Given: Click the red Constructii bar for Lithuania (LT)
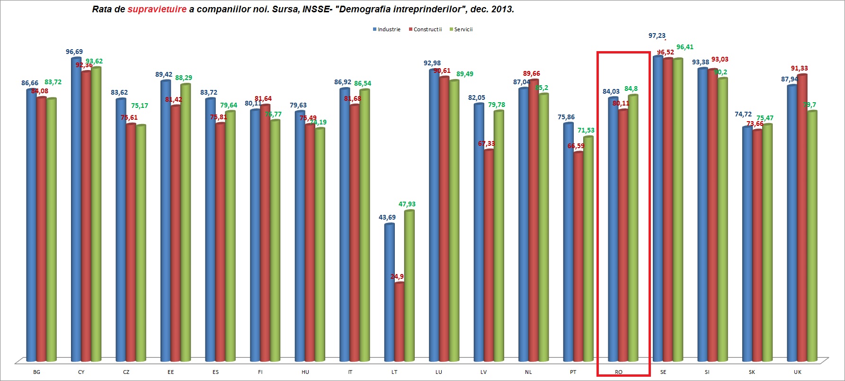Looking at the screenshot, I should pos(400,322).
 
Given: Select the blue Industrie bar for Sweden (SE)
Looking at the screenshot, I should pos(658,208).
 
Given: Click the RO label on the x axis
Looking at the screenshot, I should pos(619,372).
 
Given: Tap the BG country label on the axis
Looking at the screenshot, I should pos(36,372).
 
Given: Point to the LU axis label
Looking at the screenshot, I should pos(439,372).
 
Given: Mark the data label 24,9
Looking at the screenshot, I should pos(397,276).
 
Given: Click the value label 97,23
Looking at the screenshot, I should pos(657,35).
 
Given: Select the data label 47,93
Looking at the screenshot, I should pos(407,204).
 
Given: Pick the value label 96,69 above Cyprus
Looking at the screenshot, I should pos(74,52).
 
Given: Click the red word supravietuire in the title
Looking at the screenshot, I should pos(157,9).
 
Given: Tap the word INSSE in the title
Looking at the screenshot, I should pos(316,9).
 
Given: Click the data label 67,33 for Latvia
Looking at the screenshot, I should pos(486,143).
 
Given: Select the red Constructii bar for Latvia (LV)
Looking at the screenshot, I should pos(489,256).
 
